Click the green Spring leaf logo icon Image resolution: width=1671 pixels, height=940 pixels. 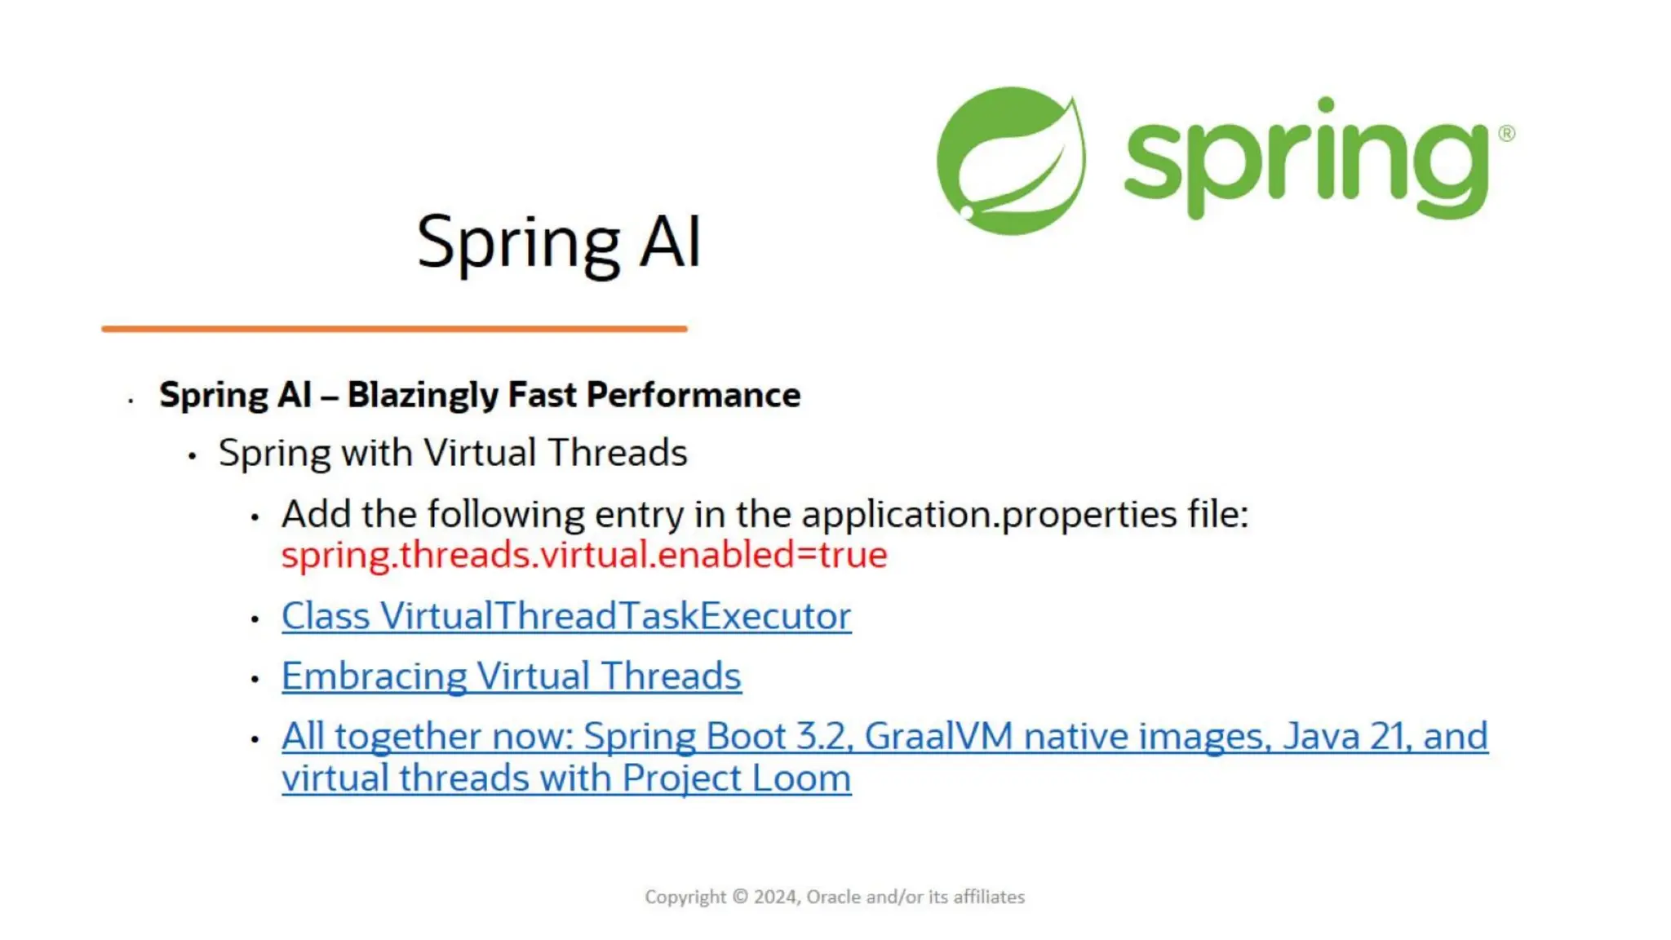tap(1010, 161)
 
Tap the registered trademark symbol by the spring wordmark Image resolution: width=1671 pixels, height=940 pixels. tap(1506, 133)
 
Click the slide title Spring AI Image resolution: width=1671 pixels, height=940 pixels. tap(559, 242)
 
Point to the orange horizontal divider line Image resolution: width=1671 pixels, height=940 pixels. tap(394, 329)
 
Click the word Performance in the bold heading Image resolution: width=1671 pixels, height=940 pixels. tap(694, 395)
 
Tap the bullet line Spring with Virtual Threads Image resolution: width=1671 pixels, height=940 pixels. tap(453, 453)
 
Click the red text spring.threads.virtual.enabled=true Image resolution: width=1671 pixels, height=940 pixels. tap(584, 555)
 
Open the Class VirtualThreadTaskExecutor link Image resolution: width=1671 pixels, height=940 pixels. tap(566, 616)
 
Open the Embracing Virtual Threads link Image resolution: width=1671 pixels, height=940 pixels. tap(512, 676)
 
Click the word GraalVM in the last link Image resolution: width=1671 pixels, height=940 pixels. tap(938, 736)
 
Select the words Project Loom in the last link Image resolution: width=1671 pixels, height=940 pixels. tap(736, 778)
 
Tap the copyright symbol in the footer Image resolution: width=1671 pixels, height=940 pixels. tap(740, 897)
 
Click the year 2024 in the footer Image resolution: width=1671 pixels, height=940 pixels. tap(775, 897)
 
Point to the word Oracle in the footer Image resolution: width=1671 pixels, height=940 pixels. tap(833, 897)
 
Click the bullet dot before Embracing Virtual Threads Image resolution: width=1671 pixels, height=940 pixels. tap(255, 679)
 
